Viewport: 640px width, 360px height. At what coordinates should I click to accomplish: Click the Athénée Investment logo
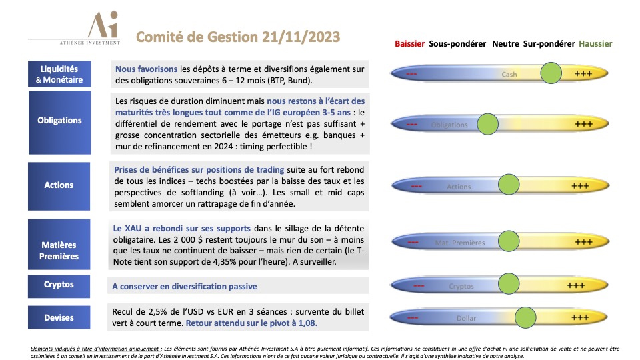(x=105, y=29)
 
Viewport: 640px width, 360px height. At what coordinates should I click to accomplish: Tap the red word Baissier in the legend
(x=409, y=44)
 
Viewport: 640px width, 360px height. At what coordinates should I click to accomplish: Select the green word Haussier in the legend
(x=595, y=44)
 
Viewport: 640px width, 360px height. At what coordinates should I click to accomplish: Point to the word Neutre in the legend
(x=505, y=44)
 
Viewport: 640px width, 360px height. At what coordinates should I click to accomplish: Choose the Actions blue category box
(x=59, y=185)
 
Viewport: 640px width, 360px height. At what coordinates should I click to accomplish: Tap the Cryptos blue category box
(x=59, y=285)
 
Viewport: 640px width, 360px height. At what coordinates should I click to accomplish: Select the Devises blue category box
(x=59, y=318)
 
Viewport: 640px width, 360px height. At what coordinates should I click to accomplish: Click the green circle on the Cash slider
(x=551, y=73)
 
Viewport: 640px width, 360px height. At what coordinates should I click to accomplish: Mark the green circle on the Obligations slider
(x=489, y=123)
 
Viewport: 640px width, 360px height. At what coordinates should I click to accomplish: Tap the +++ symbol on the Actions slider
(x=583, y=186)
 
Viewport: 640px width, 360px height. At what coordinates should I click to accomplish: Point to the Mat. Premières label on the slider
(x=459, y=243)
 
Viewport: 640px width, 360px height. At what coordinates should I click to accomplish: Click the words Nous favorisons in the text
(x=146, y=69)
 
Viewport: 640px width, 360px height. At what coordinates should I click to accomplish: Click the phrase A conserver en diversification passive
(x=184, y=287)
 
